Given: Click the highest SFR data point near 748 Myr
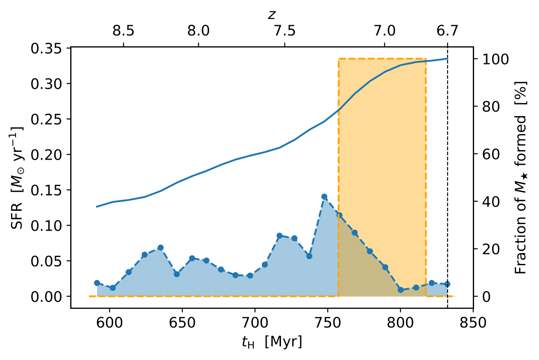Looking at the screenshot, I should click(324, 197).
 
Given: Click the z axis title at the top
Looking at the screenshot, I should click(271, 15).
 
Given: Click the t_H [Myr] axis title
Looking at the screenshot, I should click(271, 342).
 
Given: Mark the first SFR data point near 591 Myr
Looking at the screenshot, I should click(97, 283).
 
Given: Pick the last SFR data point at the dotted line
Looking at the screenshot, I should click(447, 284).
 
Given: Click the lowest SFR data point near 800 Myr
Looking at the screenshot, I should click(400, 290).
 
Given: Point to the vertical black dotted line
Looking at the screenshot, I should click(447, 173).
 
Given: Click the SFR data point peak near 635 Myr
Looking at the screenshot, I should click(161, 248).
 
